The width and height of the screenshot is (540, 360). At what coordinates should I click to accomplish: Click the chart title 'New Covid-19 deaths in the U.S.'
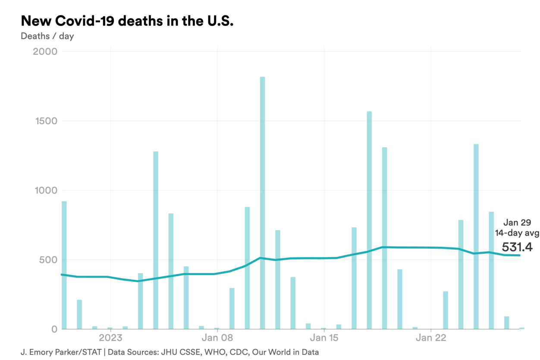click(x=127, y=21)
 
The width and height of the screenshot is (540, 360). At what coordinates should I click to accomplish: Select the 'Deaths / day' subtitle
click(x=47, y=36)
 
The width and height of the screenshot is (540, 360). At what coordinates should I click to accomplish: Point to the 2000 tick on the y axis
click(x=45, y=52)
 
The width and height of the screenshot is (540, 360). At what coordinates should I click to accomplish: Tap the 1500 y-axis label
click(x=45, y=121)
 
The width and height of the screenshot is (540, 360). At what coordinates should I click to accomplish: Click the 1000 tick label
click(x=45, y=190)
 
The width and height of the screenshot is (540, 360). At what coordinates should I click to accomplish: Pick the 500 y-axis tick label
click(x=48, y=260)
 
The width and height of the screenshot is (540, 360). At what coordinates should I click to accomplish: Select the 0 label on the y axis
click(x=54, y=329)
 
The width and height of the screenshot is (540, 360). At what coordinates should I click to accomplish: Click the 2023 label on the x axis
click(x=110, y=338)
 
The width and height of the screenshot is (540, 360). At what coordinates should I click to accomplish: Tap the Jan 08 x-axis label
click(x=217, y=338)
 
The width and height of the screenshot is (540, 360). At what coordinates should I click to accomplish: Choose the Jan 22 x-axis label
click(x=431, y=338)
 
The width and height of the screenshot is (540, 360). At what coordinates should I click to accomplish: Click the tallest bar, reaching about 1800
click(x=262, y=203)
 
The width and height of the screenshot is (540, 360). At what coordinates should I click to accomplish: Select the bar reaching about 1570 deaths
click(x=369, y=220)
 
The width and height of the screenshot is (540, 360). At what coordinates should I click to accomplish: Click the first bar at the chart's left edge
click(x=64, y=265)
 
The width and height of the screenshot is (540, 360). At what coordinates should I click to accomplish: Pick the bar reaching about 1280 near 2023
click(x=156, y=240)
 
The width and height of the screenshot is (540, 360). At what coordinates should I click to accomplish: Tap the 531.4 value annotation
click(x=517, y=247)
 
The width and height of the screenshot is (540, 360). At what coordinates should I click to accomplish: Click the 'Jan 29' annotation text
click(x=517, y=223)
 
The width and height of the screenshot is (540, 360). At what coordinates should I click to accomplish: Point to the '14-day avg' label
click(x=517, y=233)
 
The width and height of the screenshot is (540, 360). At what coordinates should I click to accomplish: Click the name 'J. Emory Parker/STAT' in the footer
click(x=61, y=352)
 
